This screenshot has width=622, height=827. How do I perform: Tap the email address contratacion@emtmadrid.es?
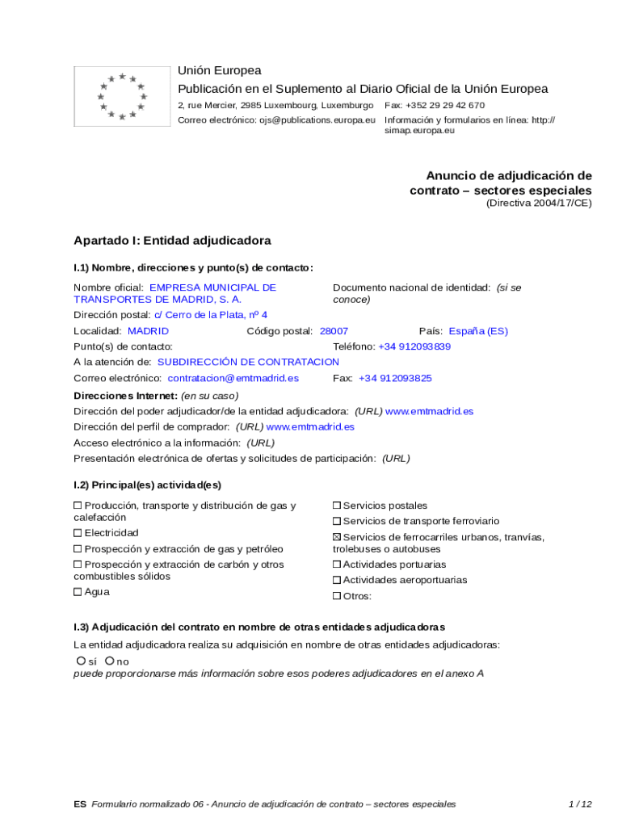(233, 378)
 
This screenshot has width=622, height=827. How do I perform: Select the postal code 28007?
(334, 331)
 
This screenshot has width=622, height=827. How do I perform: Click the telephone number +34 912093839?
(414, 346)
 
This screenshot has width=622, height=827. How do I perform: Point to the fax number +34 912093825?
(395, 378)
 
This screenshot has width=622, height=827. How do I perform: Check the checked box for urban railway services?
(338, 538)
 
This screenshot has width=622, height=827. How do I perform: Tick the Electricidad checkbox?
(78, 533)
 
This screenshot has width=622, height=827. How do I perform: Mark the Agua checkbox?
(78, 592)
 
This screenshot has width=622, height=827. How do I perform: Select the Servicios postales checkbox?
(338, 506)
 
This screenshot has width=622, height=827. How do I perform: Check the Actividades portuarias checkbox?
(338, 565)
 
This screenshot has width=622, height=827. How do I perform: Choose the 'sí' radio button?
(81, 661)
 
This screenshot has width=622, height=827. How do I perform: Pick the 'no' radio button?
(109, 661)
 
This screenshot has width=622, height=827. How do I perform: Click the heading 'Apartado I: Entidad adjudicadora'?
(172, 241)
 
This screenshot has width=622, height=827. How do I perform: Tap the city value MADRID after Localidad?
(149, 331)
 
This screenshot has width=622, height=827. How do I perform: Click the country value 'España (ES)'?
(478, 331)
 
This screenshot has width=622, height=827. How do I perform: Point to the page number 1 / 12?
(580, 804)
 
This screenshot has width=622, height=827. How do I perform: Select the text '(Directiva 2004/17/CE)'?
(539, 204)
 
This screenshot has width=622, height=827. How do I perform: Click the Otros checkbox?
(338, 597)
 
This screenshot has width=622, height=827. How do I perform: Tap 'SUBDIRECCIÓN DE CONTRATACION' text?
(248, 362)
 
